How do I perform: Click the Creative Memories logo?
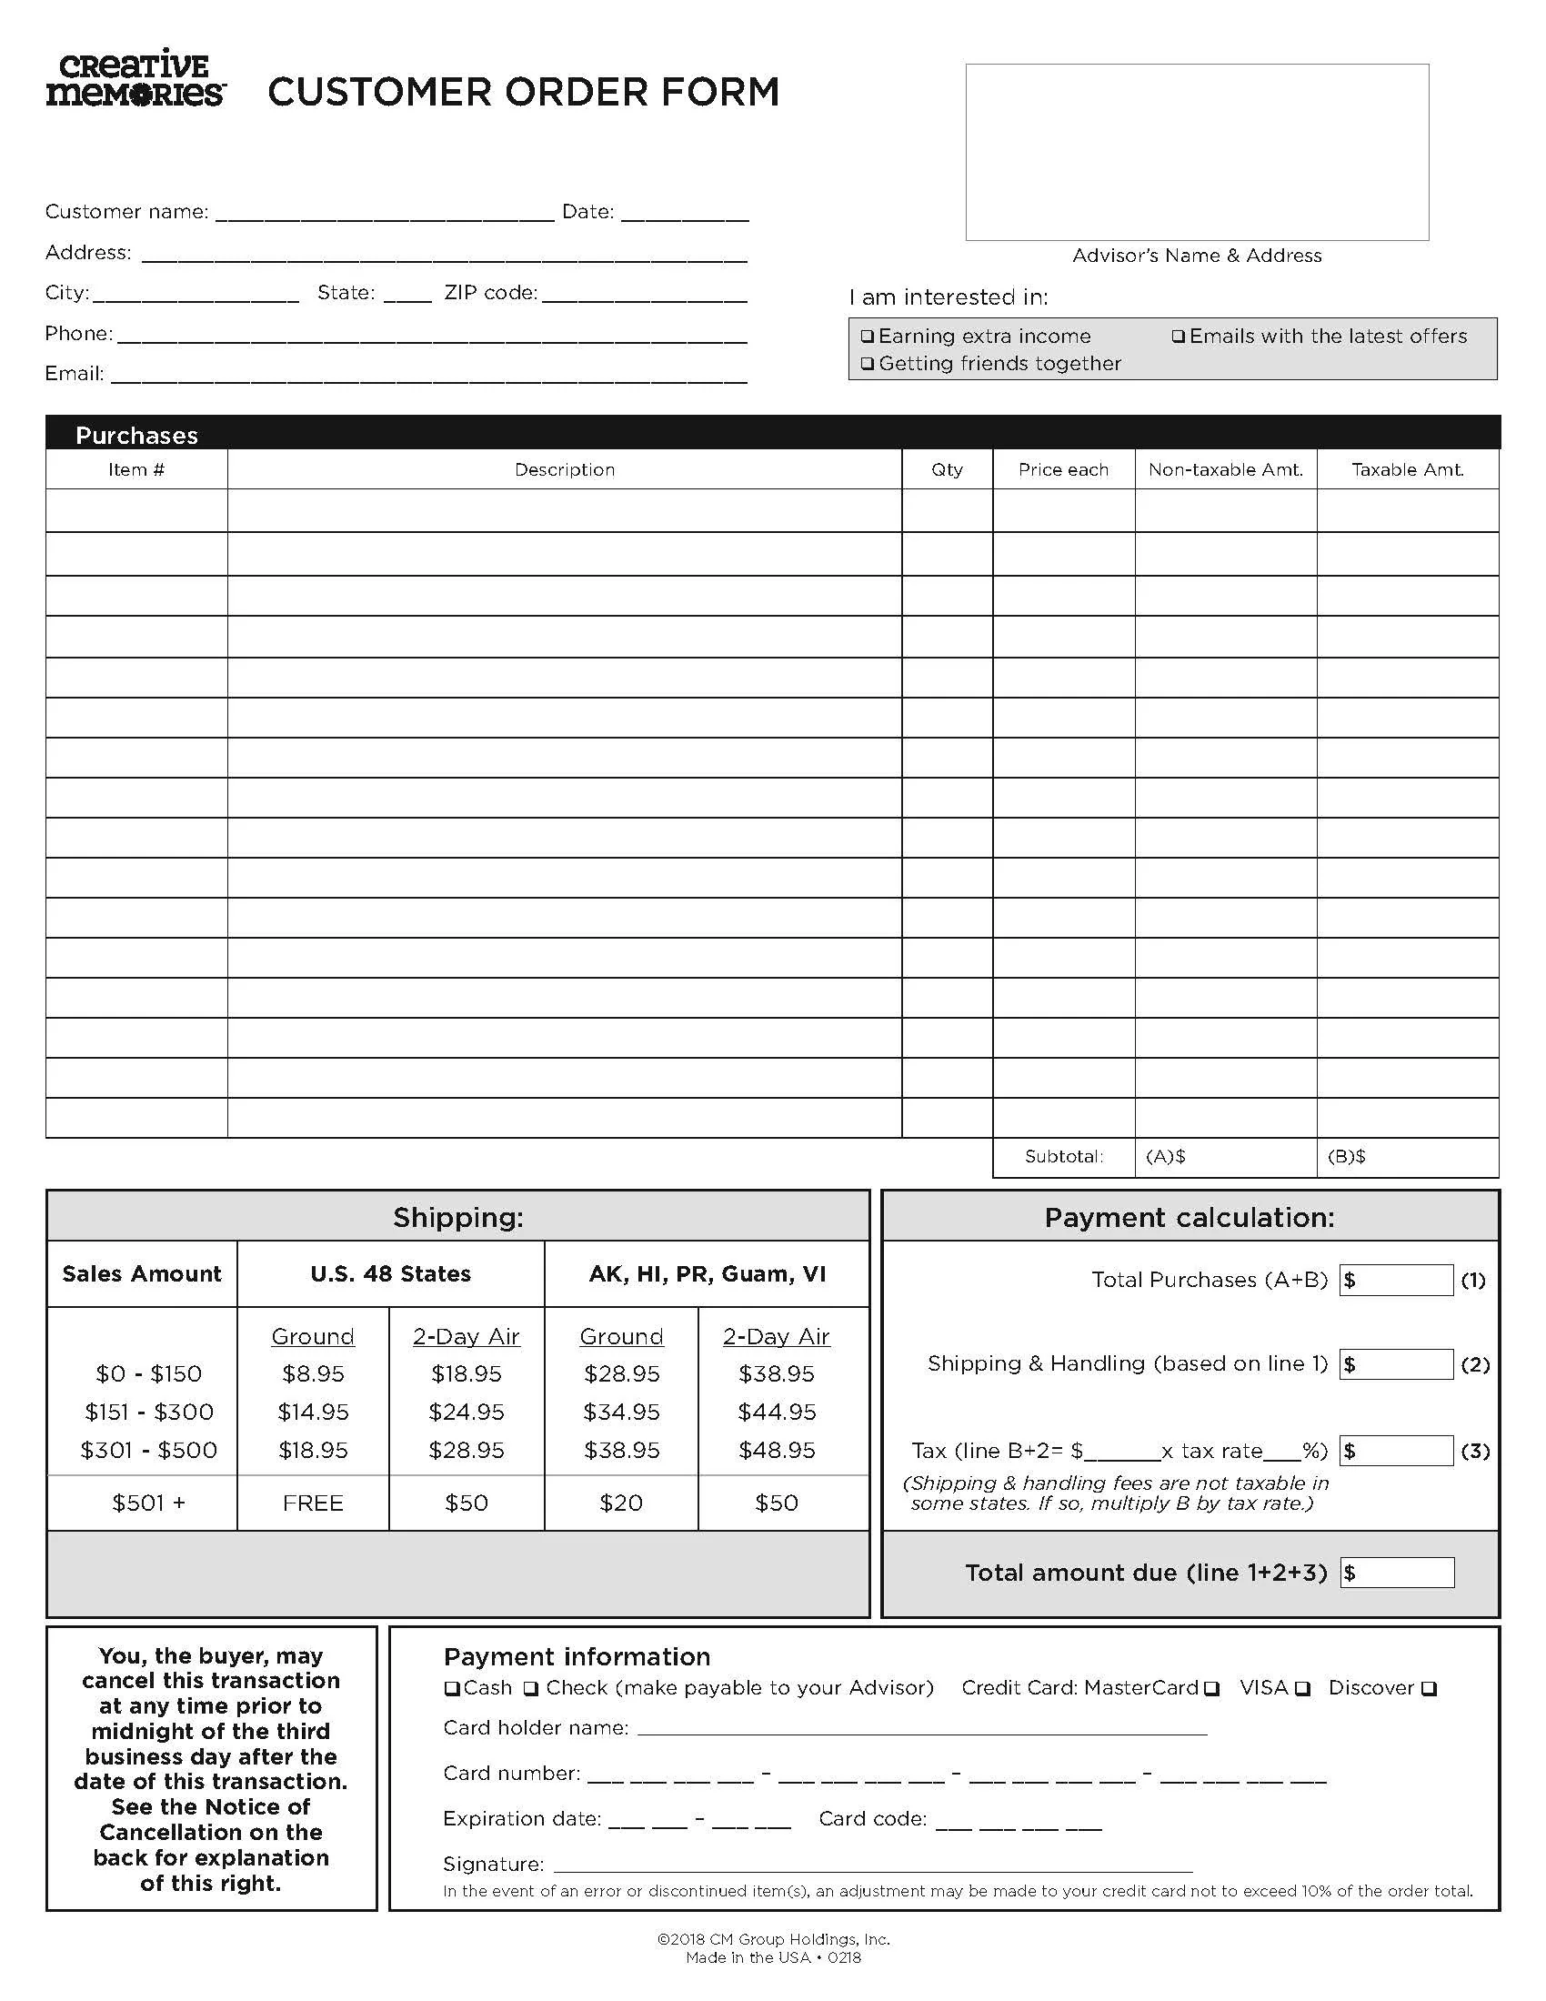coord(136,79)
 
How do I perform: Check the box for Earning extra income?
coord(868,337)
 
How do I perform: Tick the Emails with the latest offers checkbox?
coord(1179,337)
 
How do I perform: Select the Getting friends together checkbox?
coord(868,364)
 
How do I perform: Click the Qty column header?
coord(947,469)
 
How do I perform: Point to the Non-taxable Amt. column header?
coord(1226,469)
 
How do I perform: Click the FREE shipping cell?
coord(313,1503)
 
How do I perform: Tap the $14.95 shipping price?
coord(313,1412)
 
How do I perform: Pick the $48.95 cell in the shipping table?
coord(777,1450)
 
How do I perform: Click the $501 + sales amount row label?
coord(148,1503)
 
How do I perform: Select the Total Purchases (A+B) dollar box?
coord(1396,1280)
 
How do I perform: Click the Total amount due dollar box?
coord(1396,1573)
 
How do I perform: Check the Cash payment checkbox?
coord(452,1687)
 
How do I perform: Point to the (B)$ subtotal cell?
coord(1407,1156)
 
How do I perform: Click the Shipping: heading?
coord(458,1217)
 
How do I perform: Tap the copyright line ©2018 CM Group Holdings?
coord(773,1939)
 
